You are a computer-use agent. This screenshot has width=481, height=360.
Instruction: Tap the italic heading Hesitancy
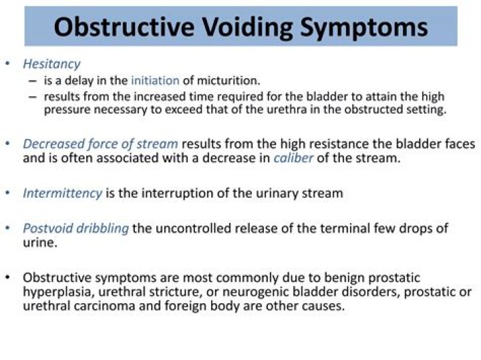(x=51, y=64)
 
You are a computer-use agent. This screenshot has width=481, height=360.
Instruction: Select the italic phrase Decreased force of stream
(x=100, y=144)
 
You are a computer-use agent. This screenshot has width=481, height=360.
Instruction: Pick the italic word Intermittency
(x=62, y=193)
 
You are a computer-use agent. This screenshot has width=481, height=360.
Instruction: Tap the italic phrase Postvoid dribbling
(x=75, y=228)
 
